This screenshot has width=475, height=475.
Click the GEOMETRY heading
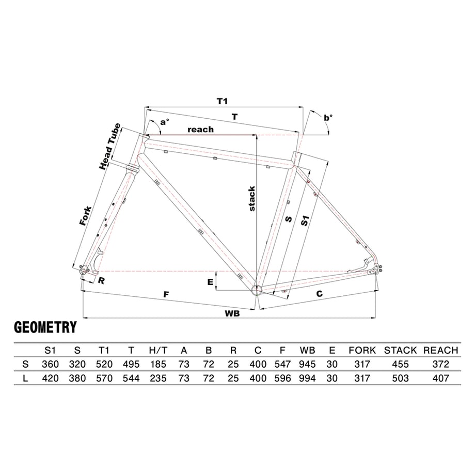(x=45, y=327)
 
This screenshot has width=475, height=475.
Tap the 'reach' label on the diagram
(x=200, y=130)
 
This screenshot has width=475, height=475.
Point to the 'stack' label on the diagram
(x=252, y=199)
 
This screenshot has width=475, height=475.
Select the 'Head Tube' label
(x=110, y=147)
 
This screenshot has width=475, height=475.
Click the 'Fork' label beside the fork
(x=85, y=216)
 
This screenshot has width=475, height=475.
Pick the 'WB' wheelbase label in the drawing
(x=232, y=313)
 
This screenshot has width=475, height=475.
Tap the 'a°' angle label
(x=165, y=122)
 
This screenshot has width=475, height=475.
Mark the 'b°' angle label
(x=328, y=118)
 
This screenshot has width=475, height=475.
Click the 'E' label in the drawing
(x=210, y=282)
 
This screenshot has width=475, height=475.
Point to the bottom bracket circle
(x=256, y=290)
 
